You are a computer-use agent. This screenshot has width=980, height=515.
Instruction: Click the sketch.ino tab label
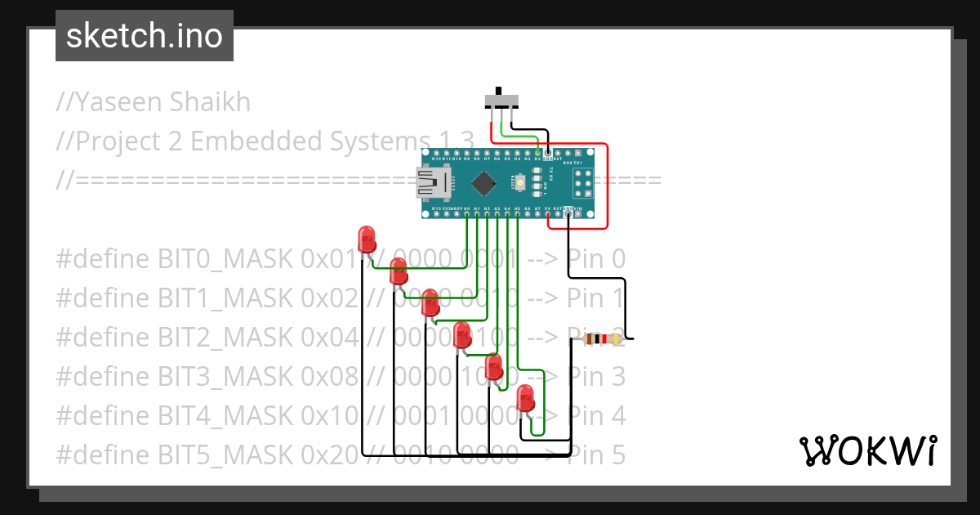[x=145, y=36]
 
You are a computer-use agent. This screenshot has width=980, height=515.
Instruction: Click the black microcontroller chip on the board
[x=484, y=183]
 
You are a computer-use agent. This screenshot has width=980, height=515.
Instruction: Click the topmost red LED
[x=367, y=240]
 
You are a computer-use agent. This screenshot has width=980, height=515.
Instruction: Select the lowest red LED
[x=526, y=399]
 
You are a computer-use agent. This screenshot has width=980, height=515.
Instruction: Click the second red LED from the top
[x=399, y=271]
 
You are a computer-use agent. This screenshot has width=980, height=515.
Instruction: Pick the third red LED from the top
[x=430, y=303]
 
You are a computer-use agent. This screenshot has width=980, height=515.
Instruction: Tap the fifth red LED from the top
[x=494, y=367]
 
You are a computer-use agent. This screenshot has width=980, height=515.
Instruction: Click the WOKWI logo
[x=866, y=450]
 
